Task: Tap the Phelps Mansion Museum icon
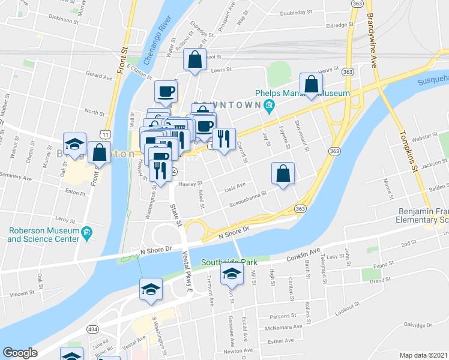(268, 106)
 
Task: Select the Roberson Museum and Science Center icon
(86, 232)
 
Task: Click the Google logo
(20, 353)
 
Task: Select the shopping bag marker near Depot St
(195, 59)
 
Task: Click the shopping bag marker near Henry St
(312, 84)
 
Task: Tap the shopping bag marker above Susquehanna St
(283, 173)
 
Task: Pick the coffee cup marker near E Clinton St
(166, 91)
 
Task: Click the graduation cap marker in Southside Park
(231, 274)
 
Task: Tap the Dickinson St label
(64, 18)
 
